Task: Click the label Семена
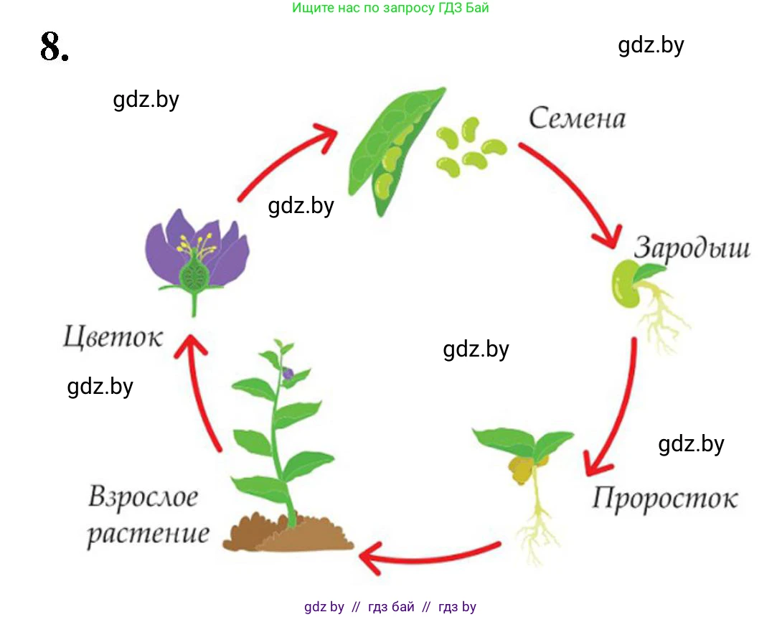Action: (577, 119)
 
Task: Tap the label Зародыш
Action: (692, 248)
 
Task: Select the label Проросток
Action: (664, 498)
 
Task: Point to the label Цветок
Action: (112, 336)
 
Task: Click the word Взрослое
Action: (143, 497)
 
